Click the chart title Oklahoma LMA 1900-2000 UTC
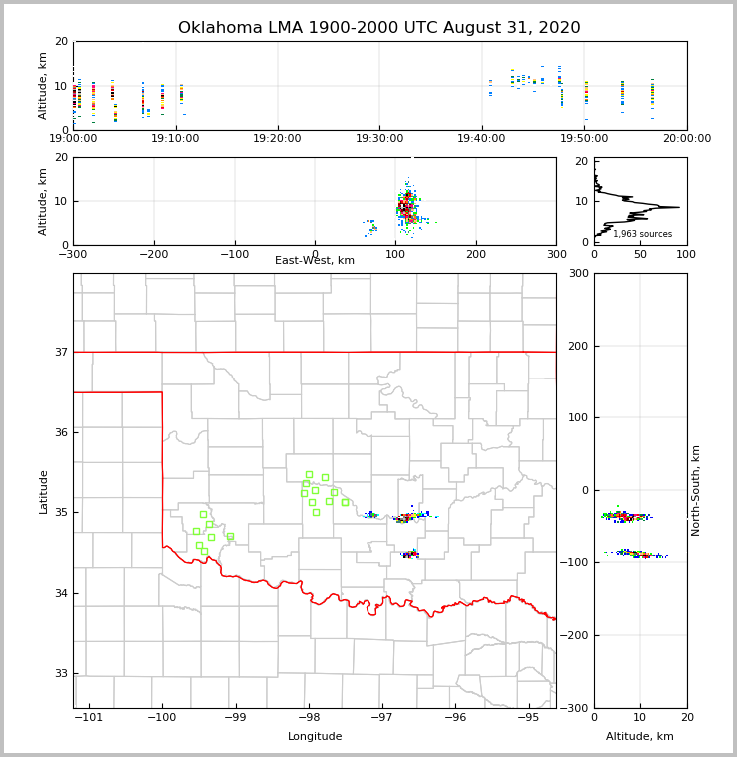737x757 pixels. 378,28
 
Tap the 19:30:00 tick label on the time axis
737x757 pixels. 379,139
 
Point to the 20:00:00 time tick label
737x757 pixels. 686,139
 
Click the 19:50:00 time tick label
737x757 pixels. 584,139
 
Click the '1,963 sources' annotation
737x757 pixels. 642,234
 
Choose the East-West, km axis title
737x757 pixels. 315,261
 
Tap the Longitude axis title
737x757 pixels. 315,737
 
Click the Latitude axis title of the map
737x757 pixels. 44,491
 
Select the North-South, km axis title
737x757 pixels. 696,490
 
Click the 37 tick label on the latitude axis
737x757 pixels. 61,352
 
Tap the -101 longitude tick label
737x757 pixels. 89,718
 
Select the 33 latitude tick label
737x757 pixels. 61,674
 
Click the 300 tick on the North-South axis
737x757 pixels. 576,274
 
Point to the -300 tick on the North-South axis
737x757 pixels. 574,708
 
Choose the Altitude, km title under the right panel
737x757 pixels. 640,737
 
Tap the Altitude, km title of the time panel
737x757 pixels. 44,85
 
